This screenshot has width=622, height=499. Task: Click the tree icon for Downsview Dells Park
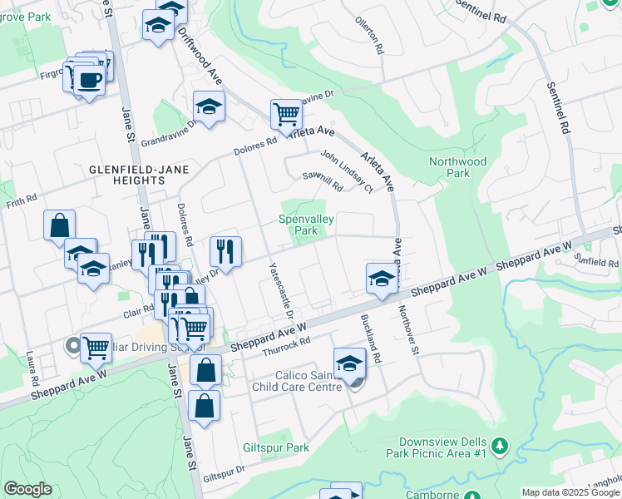[x=499, y=446]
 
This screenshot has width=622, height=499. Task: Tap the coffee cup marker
[x=90, y=80]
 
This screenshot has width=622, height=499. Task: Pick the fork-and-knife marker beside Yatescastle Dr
[x=225, y=249]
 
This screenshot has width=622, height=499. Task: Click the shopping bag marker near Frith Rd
[x=60, y=225]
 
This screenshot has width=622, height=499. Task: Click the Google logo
[x=27, y=489]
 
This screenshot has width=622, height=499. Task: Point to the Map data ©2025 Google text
[x=570, y=492]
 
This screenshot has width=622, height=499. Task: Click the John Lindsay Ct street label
[x=346, y=170]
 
